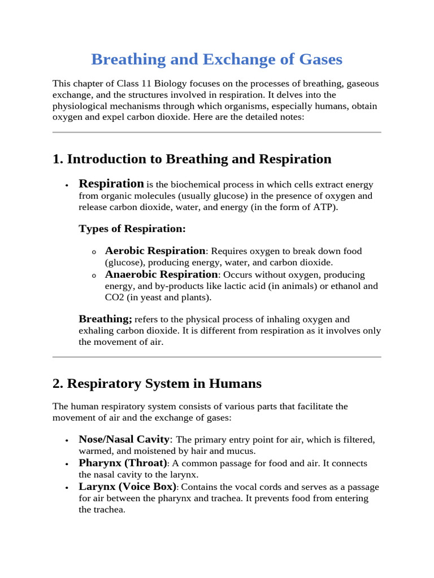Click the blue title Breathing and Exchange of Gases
pos(216,59)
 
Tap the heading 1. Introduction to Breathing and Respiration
pos(192,159)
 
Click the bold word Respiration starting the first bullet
pos(111,183)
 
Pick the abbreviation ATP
pos(323,208)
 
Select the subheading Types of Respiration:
pos(132,229)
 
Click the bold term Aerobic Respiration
pos(155,251)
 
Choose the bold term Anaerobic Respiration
pos(161,274)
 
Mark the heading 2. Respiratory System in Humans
pos(157,384)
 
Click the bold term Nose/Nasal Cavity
pos(124,439)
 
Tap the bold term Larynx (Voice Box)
pos(128,487)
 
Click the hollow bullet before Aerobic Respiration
pos(94,252)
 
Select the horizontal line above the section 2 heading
pos(216,357)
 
